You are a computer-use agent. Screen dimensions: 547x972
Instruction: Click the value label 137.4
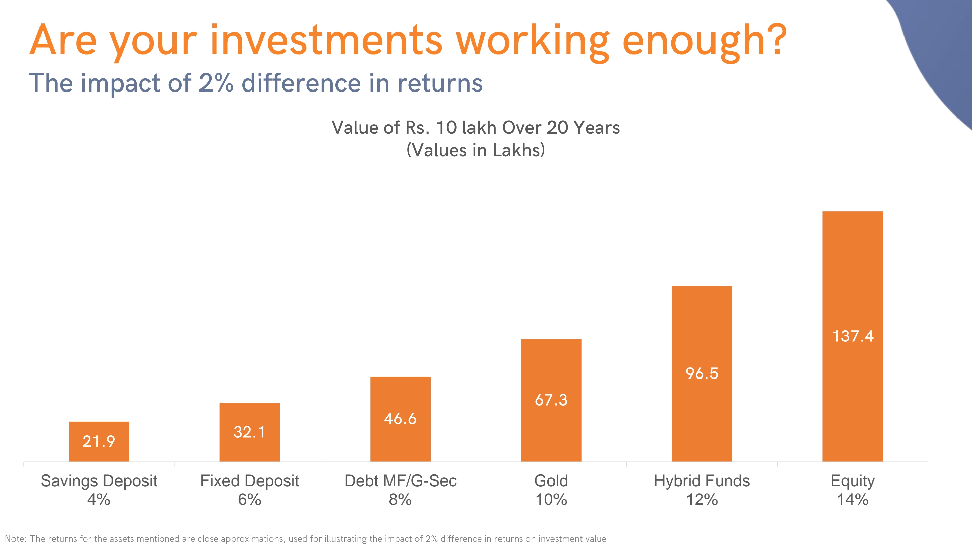(853, 336)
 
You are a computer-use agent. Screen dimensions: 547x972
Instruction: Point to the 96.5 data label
(702, 373)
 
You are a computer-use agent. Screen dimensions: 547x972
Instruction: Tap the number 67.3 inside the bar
(551, 400)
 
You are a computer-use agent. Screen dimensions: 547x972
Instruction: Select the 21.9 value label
(99, 441)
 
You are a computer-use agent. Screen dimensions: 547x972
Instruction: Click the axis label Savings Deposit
(99, 481)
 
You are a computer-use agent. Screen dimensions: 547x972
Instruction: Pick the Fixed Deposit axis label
(249, 481)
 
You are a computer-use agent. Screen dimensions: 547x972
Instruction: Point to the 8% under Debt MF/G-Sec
(400, 499)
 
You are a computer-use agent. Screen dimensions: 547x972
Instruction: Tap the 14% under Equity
(853, 499)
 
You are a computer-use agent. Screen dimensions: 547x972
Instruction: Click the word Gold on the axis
(551, 481)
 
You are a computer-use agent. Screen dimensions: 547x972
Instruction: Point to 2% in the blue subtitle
(215, 83)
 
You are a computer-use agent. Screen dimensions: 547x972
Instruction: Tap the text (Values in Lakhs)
(476, 150)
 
